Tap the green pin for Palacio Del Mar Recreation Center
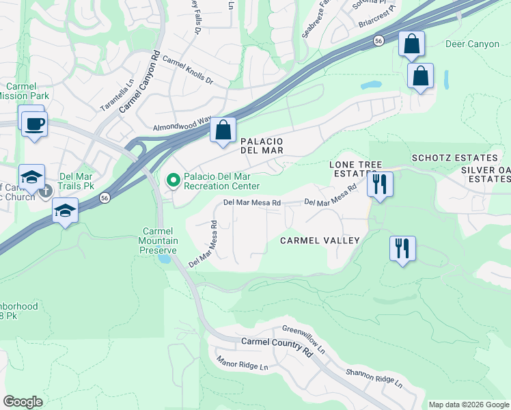pos(174,180)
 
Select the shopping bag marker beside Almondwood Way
pos(223,129)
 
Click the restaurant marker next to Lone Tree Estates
pos(379,184)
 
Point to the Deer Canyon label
pos(472,44)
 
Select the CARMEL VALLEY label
pos(320,241)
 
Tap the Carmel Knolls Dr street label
pos(188,70)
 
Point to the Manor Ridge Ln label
pos(243,363)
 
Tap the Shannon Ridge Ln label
pos(374,377)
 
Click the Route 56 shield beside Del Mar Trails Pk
pos(104,197)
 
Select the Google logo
pos(23,402)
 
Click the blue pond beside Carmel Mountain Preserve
pos(164,259)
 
